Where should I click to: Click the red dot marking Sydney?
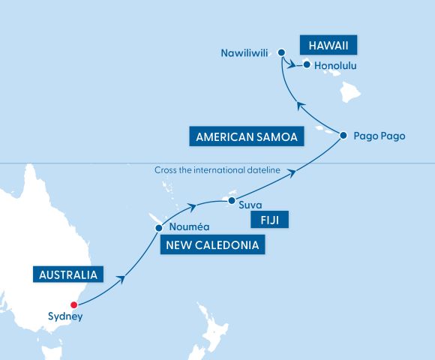(73, 304)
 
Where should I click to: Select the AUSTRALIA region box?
(68, 275)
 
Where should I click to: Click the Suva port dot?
(231, 201)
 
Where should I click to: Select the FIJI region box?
(269, 220)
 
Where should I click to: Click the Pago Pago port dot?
(343, 136)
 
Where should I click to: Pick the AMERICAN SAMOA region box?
(247, 137)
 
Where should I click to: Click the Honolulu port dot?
(307, 64)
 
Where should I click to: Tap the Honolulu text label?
(335, 66)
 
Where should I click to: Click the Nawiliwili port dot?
(280, 52)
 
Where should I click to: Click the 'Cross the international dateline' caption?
(217, 170)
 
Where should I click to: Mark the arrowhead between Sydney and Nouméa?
(121, 281)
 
